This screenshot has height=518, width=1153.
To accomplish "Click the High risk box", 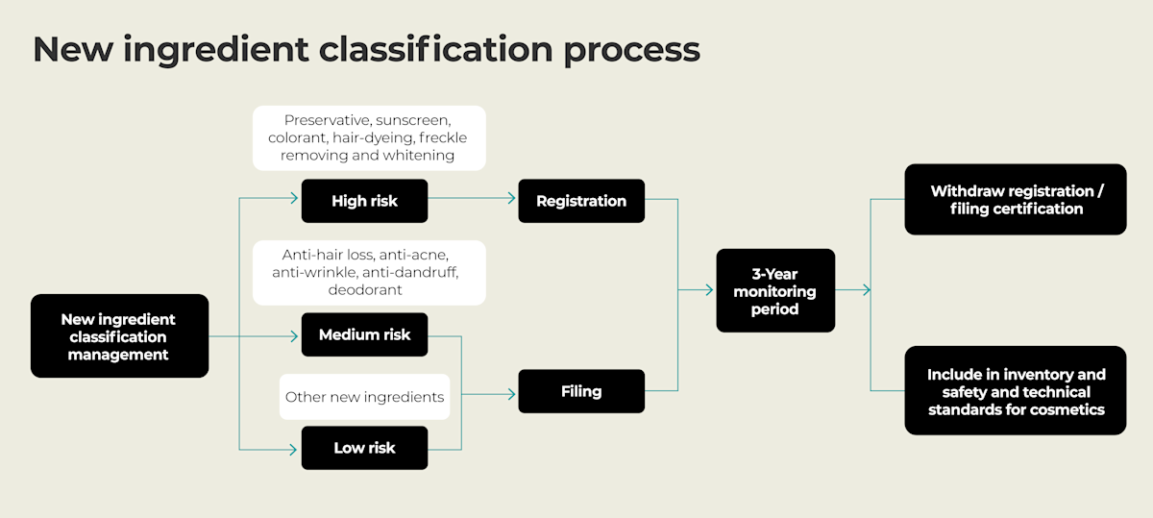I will [364, 201].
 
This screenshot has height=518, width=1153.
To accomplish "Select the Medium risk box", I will [364, 334].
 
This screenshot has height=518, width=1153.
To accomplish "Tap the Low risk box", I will [364, 448].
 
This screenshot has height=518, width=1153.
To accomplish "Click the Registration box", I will [581, 201].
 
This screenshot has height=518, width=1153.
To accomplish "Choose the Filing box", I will [581, 391].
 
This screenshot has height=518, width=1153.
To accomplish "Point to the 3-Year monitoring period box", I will [775, 291].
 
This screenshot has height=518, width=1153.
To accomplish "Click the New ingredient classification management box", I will [119, 336].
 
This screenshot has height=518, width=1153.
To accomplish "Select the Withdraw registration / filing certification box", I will [1016, 200].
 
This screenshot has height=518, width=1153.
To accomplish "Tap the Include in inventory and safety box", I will [1016, 391].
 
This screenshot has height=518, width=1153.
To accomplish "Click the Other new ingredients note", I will [364, 397].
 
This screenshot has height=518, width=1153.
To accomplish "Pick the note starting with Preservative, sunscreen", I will [369, 137].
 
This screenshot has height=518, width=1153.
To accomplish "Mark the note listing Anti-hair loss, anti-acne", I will [369, 272].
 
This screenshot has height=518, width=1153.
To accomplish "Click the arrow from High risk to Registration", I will [472, 201].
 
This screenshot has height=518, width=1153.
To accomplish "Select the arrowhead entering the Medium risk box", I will [294, 335].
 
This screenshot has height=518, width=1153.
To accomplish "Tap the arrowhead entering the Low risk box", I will [294, 449].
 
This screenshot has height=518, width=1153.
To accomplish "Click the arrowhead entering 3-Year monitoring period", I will [709, 290].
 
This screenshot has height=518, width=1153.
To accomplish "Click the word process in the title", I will [631, 50].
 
